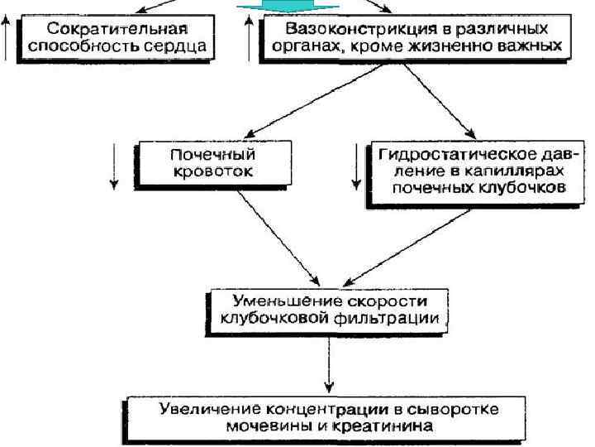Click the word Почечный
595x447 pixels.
coord(211,153)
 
